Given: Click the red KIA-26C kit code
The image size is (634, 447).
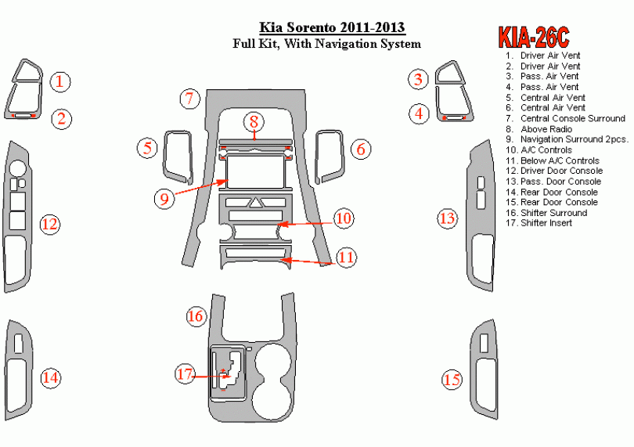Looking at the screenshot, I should point(533,37).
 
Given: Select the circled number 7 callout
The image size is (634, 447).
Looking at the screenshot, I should point(189,99).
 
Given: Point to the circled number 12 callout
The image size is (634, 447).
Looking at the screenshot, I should point(49,225).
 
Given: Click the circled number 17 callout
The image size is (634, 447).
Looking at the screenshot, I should point(184,375).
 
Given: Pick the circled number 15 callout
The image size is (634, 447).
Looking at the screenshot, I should point(452,380).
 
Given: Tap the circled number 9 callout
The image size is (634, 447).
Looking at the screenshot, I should point(164,198).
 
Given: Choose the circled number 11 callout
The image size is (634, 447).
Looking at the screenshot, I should point(345,257).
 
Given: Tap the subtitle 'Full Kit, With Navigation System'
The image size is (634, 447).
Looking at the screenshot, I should point(326,45).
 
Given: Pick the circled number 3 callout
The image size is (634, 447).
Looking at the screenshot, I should point(419,78).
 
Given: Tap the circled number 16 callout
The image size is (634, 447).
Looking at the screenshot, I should point(195,316).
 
